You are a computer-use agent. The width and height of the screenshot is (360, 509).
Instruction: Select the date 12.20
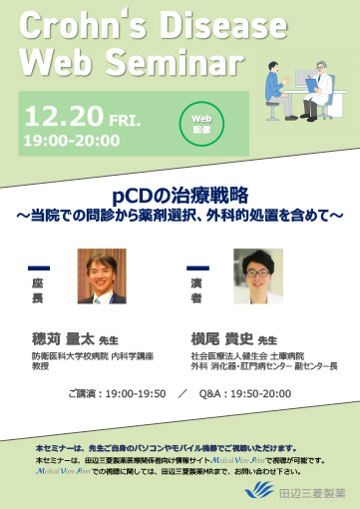[66, 113]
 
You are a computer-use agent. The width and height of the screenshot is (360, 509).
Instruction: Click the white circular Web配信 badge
[196, 122]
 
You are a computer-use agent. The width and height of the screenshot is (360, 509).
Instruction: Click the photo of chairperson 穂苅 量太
[102, 275]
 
